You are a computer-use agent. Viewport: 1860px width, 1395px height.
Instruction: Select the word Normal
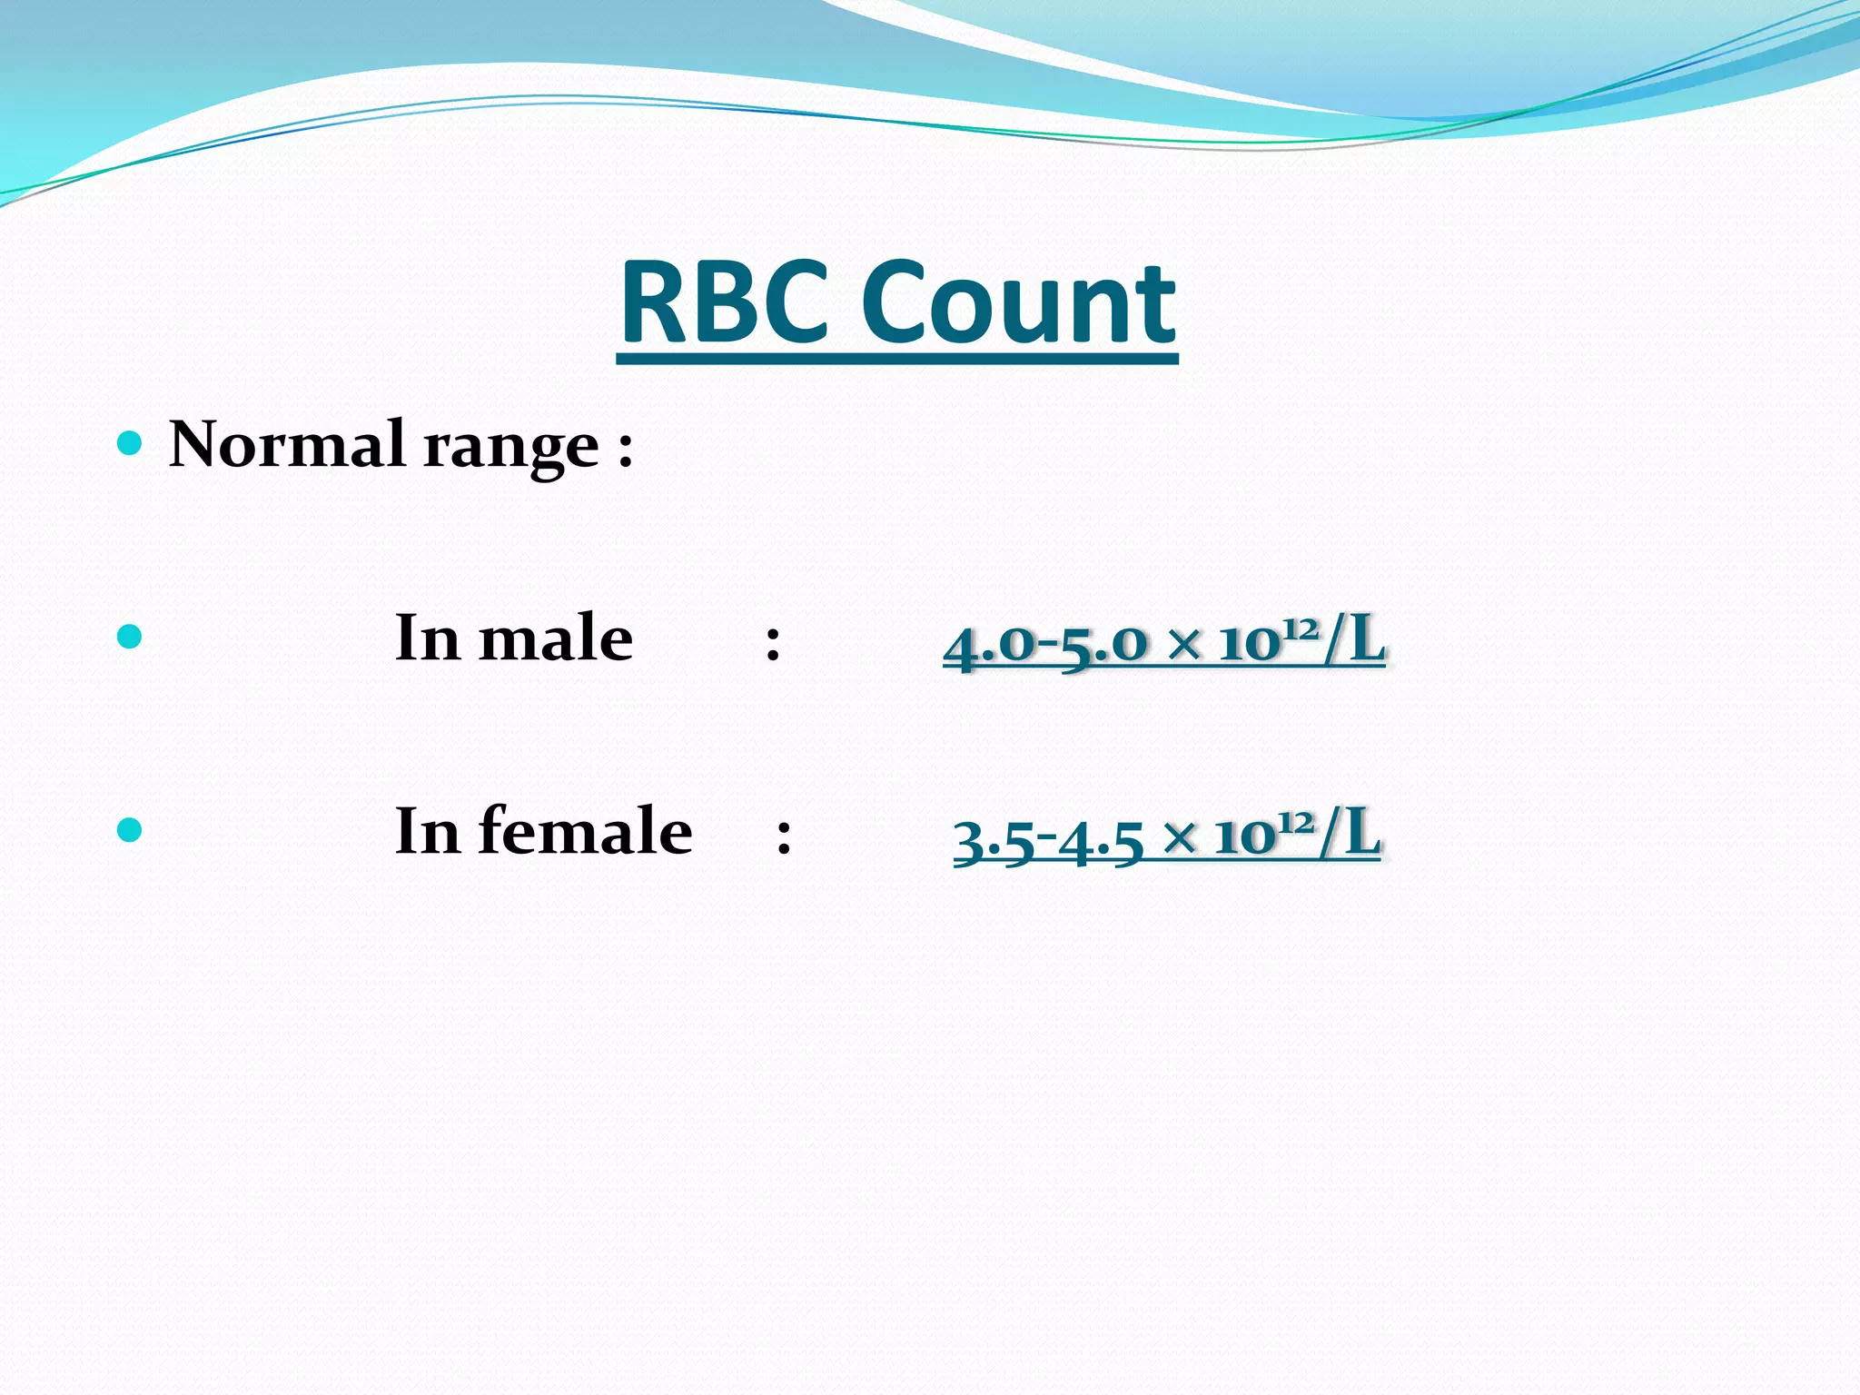coord(287,445)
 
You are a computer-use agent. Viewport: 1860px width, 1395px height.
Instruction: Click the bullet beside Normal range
coord(131,443)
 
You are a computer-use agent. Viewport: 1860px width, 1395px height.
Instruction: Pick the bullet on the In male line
coord(131,636)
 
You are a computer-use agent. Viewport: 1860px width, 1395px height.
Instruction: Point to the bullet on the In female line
coord(131,829)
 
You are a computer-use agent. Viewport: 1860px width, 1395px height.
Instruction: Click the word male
coord(555,638)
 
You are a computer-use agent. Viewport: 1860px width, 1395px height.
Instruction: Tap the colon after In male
coord(773,643)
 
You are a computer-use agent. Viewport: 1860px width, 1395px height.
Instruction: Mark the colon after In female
coord(785,836)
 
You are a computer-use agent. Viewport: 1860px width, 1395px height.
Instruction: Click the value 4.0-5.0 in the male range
coord(1045,643)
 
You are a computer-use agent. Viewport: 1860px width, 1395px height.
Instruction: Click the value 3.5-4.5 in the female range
coord(1048,837)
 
